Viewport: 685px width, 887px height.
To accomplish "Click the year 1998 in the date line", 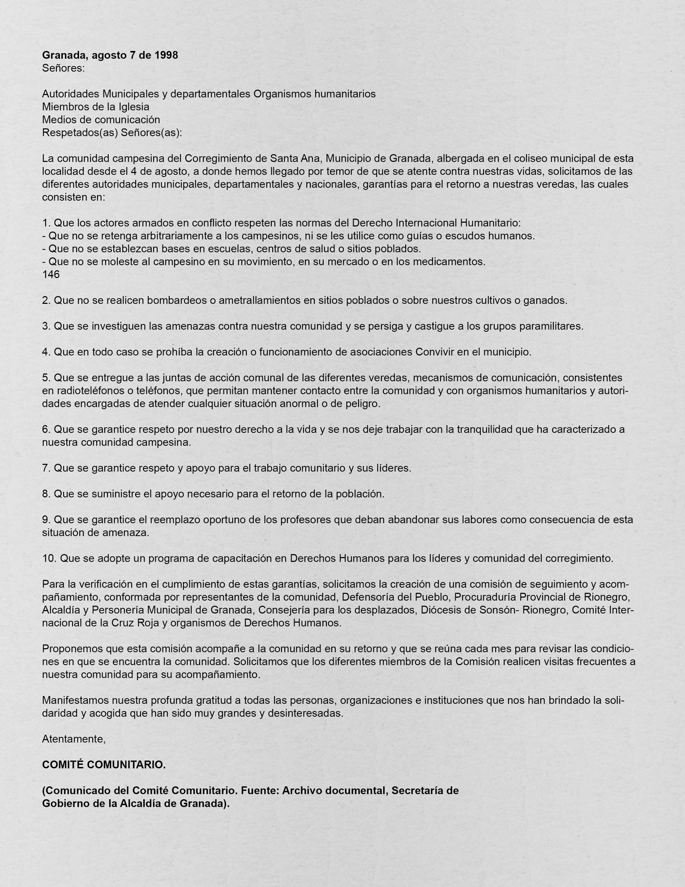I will tap(166, 55).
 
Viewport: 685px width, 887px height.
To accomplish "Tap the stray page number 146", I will tap(51, 275).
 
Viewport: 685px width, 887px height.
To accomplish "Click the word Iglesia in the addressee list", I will tap(133, 107).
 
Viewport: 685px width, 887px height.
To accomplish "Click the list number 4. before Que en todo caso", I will tap(46, 352).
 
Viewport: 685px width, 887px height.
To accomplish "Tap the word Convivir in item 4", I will tap(436, 352).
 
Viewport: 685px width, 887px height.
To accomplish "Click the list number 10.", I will tap(49, 559).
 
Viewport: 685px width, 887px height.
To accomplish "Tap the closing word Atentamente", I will tap(73, 739).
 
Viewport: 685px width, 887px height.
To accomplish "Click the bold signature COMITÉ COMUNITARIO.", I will tap(104, 765).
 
